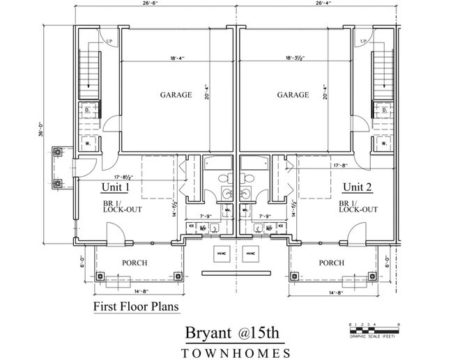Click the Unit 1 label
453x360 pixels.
click(115, 187)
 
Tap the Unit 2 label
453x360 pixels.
click(357, 187)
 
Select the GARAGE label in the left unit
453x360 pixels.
click(176, 95)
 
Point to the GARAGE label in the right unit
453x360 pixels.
click(293, 95)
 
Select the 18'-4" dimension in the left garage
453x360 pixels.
click(164, 58)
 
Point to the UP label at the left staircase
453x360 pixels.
click(90, 42)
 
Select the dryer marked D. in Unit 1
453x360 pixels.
click(89, 110)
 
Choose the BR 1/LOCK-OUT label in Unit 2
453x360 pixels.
click(358, 206)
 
